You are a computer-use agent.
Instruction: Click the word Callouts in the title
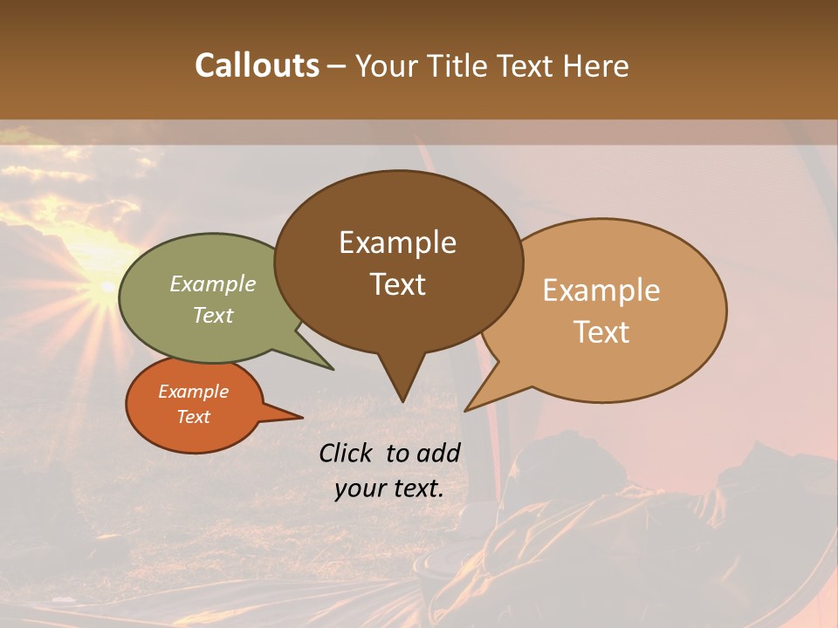pos(257,65)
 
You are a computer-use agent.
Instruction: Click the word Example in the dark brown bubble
pos(397,242)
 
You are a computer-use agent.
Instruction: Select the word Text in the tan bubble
pos(602,332)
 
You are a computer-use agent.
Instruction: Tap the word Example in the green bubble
pos(213,284)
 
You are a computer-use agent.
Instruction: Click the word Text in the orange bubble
pos(193,417)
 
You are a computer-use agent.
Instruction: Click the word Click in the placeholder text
pos(347,453)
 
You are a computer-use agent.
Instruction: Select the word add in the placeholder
pos(437,453)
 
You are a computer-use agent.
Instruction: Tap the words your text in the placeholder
pos(389,488)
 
